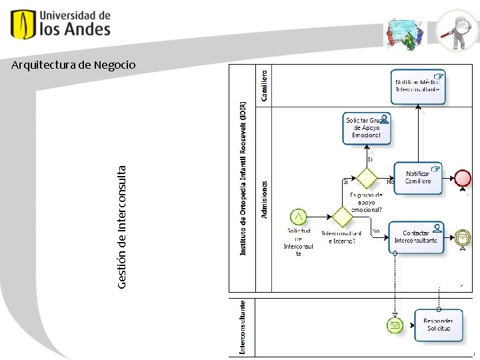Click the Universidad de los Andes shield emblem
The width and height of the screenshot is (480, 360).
[x=23, y=25]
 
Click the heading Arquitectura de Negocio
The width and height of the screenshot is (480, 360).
[x=73, y=65]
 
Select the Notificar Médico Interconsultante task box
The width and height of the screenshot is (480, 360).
[x=419, y=86]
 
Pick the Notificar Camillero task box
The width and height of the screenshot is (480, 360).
[x=418, y=178]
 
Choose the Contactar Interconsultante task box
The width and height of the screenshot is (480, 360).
[x=416, y=237]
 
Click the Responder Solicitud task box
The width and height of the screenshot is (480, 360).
[x=438, y=325]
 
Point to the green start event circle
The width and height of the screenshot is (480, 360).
[x=299, y=217]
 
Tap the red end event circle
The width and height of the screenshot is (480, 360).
[x=462, y=177]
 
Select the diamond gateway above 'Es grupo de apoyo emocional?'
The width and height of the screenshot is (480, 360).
[x=366, y=178]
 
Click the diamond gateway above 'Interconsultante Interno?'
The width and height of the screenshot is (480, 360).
[x=342, y=217]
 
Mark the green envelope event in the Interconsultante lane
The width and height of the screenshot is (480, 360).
[x=395, y=325]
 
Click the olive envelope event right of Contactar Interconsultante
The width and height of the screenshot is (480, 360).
[x=462, y=237]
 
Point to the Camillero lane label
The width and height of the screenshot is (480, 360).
[x=265, y=85]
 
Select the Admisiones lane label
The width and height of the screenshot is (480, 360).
[x=265, y=199]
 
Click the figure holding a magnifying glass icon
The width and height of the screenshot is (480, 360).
[x=457, y=30]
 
